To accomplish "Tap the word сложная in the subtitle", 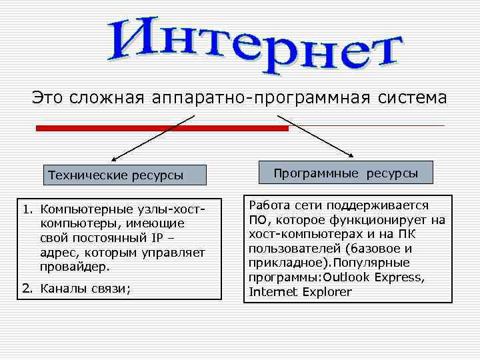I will pos(107,98).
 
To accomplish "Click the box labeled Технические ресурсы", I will pos(115,175).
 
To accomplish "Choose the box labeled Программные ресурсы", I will pos(345,173).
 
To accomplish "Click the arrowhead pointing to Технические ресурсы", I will pos(114,160).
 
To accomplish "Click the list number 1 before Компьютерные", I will pos(26,210).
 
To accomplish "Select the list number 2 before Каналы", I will pos(26,289).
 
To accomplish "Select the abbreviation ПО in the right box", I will pos(257,220).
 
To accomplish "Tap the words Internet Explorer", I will pos(300,292).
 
